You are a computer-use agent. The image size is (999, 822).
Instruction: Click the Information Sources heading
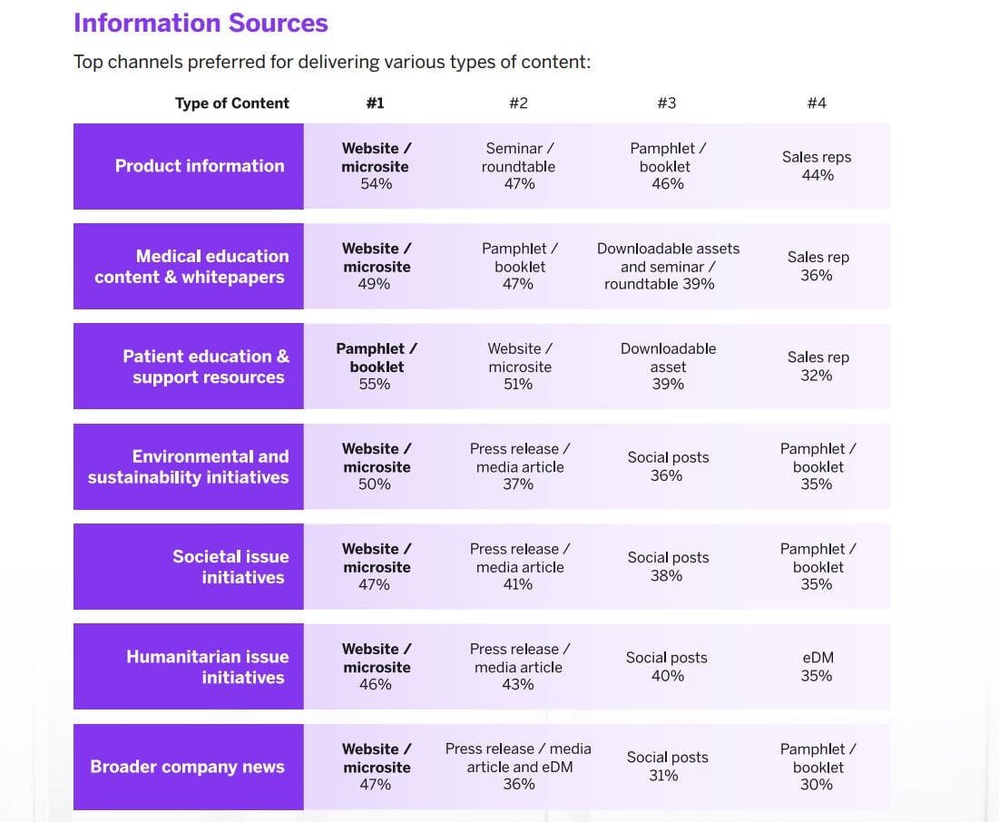click(201, 23)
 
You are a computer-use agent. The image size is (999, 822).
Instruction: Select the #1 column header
click(375, 103)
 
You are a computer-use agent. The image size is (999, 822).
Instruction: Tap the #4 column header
click(817, 103)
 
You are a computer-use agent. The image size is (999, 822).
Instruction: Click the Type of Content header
click(232, 103)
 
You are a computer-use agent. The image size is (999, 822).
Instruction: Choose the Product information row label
click(200, 166)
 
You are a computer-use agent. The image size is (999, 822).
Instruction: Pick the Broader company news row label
click(187, 767)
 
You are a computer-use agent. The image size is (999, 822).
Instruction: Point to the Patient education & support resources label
click(206, 367)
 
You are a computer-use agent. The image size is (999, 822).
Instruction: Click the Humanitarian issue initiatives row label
click(207, 667)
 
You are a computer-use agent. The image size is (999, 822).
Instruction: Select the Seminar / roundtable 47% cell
click(520, 166)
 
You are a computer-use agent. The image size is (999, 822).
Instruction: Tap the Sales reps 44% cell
click(817, 166)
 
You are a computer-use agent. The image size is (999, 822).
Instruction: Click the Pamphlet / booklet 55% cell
click(377, 367)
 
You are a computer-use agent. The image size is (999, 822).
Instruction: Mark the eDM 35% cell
click(817, 667)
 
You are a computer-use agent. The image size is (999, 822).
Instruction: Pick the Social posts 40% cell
click(667, 667)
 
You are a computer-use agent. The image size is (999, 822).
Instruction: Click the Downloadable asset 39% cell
click(668, 367)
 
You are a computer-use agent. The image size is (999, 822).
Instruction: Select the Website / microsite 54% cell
click(376, 166)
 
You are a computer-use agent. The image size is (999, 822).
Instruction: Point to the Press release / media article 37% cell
click(520, 466)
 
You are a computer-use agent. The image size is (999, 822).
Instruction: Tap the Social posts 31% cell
click(667, 767)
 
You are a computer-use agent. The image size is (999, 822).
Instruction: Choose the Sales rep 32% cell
click(817, 367)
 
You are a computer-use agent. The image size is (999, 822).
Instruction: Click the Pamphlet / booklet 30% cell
click(817, 767)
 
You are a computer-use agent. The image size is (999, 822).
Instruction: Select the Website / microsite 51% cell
click(520, 367)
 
